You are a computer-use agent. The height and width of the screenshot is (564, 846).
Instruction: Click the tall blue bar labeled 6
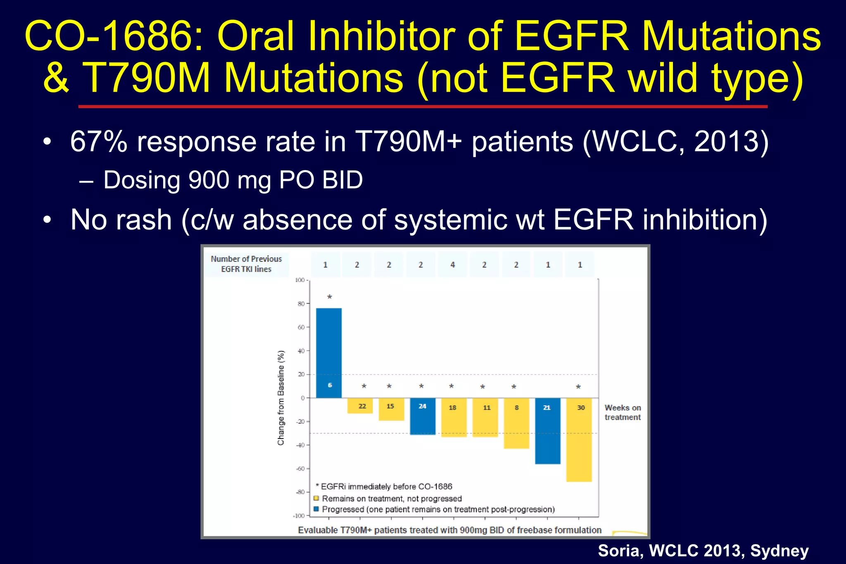(329, 353)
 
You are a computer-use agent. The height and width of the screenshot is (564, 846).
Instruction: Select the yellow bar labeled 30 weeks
(579, 439)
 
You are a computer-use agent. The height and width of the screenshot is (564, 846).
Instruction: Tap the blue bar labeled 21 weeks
(547, 431)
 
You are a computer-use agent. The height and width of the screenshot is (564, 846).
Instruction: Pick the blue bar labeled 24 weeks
(422, 416)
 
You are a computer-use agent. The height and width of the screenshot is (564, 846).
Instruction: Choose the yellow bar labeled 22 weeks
(360, 406)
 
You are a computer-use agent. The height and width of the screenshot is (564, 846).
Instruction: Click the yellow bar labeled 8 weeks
(516, 423)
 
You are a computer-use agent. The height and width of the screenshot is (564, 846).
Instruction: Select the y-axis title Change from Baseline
(281, 398)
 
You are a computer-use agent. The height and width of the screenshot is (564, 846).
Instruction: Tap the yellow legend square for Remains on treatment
(316, 498)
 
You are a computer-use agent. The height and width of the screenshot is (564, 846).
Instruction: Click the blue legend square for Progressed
(316, 509)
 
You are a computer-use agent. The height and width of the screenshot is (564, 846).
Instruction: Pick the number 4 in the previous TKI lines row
(452, 265)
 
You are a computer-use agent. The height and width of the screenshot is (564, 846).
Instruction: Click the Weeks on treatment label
(623, 412)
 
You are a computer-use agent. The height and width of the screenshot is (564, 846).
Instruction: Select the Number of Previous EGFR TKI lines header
(246, 264)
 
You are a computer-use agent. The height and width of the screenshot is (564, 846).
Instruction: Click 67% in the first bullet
(99, 142)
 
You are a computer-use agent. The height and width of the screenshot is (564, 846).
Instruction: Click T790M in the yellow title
(147, 78)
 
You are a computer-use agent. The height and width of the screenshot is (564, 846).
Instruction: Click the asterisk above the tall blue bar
(329, 297)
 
